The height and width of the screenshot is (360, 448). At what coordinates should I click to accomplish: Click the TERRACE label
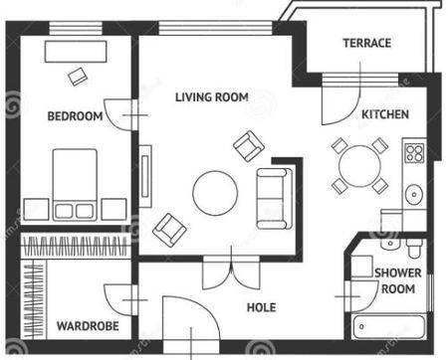point(366,43)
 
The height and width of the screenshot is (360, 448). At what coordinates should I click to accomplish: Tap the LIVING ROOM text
point(212,97)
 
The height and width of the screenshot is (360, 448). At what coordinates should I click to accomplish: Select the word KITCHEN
point(385,114)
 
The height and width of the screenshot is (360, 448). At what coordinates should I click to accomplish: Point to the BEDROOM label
point(75,116)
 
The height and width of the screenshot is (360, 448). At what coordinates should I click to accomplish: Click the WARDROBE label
point(88,326)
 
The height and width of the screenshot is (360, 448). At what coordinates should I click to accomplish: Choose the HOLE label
point(262,307)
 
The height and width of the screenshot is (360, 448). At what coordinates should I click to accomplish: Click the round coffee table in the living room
point(215,193)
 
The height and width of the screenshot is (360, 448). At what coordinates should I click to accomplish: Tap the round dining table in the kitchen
point(359,166)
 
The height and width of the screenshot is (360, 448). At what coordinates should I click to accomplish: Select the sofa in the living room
point(275,199)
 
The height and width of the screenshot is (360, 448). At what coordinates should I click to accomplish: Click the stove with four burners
point(414,153)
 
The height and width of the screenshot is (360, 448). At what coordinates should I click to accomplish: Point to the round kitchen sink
point(414,195)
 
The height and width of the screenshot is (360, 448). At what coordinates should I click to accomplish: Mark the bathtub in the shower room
point(388,327)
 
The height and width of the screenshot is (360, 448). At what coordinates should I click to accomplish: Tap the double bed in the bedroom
point(75,185)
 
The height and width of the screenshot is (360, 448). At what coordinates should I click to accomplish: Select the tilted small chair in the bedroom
point(78,77)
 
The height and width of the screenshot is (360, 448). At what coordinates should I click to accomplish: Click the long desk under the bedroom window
point(76,52)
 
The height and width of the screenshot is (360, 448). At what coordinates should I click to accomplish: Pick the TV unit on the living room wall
point(145,176)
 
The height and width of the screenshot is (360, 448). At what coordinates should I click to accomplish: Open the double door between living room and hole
point(231,271)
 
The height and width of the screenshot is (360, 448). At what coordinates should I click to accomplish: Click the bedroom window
point(76,29)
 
